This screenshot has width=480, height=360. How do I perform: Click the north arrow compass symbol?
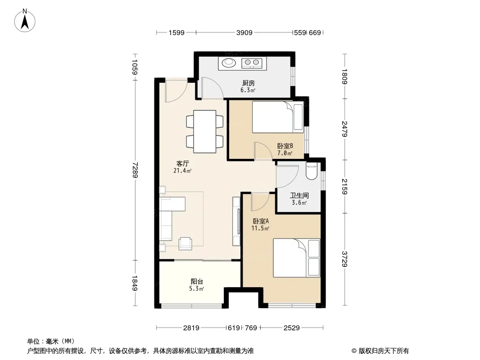click(x=25, y=20)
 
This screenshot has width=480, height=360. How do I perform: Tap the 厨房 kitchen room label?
click(x=248, y=83)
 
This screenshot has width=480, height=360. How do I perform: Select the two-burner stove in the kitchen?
click(x=252, y=63)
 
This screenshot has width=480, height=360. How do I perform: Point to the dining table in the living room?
click(x=205, y=131)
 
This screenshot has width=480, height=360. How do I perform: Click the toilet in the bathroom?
click(x=312, y=172)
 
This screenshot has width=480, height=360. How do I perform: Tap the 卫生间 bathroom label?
click(x=299, y=195)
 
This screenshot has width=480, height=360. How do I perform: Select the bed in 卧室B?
click(x=278, y=117)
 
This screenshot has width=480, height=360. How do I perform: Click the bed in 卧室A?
click(x=296, y=258)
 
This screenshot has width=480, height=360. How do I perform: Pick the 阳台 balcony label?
click(x=197, y=281)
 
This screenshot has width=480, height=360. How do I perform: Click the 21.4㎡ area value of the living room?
click(x=182, y=171)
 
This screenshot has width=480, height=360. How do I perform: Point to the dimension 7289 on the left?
click(x=135, y=170)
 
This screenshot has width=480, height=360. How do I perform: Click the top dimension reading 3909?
click(x=245, y=32)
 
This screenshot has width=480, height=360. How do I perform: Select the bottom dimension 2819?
click(x=191, y=328)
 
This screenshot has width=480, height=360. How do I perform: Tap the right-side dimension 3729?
click(x=345, y=259)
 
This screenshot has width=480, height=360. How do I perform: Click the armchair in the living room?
click(x=185, y=243)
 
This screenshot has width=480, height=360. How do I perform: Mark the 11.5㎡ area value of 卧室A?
click(x=260, y=228)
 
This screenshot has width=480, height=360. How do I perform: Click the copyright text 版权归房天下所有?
click(x=384, y=351)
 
